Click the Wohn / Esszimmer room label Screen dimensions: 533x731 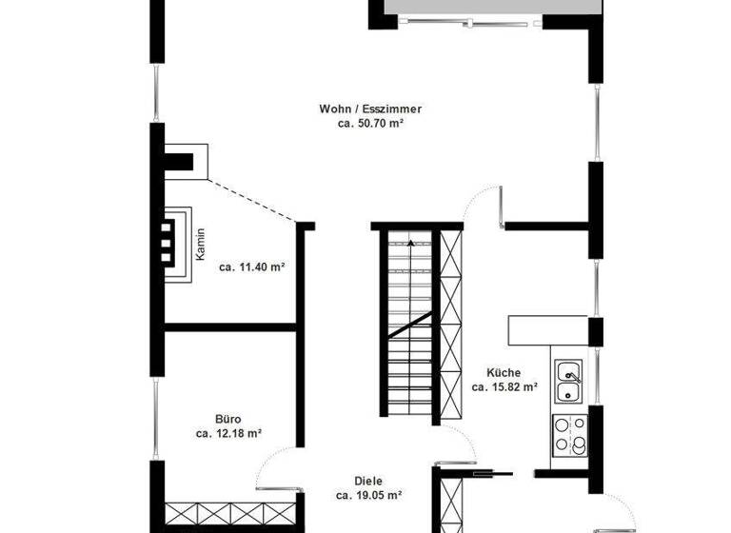370,109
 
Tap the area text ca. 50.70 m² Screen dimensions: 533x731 370,124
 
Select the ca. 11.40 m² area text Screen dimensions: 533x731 252,267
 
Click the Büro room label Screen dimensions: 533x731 227,419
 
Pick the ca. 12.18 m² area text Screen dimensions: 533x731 228,433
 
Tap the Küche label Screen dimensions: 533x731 504,373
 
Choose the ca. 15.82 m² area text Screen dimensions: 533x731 504,387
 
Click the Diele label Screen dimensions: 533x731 368,482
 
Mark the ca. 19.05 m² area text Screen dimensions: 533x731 368,496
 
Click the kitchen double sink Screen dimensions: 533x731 570,382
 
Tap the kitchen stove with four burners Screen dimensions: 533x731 570,434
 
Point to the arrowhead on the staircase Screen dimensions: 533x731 410,244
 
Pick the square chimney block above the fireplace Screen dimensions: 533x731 187,160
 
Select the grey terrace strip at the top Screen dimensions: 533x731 485,8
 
